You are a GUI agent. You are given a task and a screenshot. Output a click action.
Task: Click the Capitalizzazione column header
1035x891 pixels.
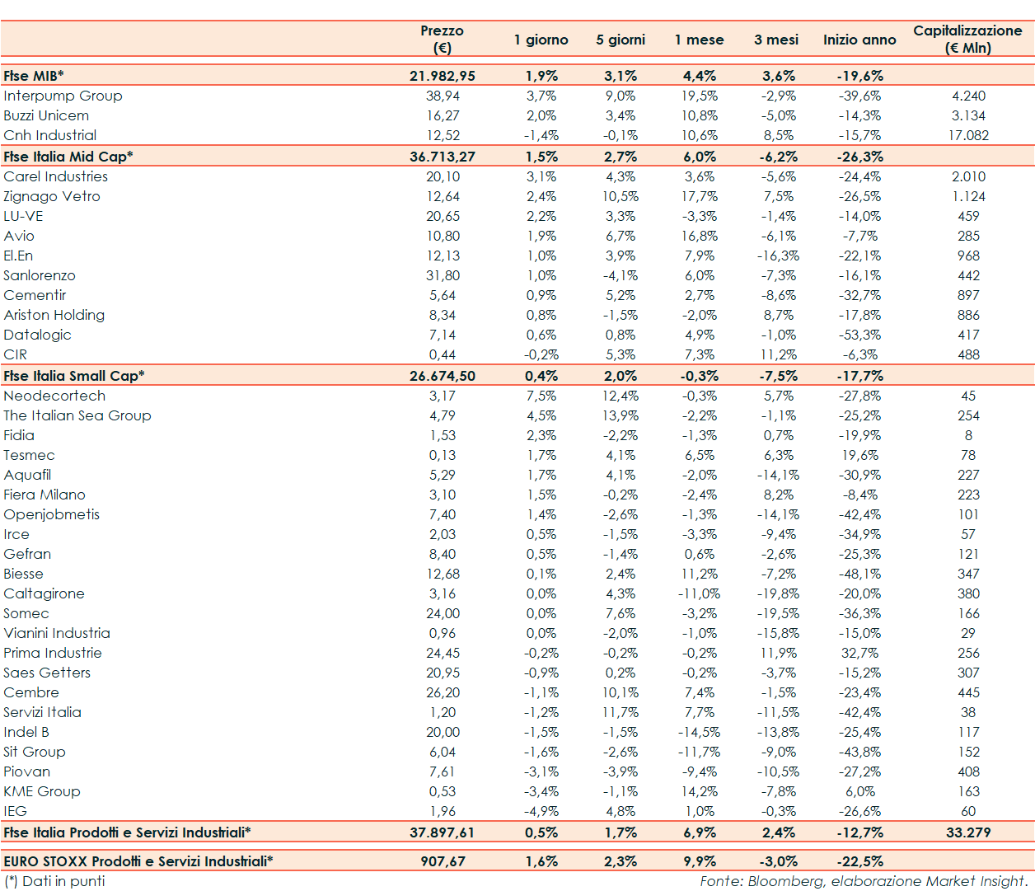[967, 39]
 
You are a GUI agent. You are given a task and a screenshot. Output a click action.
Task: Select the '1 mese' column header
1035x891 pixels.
[699, 40]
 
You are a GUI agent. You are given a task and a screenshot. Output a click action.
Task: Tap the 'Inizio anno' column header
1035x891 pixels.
[859, 40]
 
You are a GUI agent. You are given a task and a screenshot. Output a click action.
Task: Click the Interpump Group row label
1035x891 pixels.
[63, 96]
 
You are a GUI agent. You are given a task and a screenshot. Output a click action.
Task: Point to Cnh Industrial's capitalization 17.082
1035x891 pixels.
[968, 135]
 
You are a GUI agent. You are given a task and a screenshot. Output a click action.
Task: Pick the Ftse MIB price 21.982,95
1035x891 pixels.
[443, 76]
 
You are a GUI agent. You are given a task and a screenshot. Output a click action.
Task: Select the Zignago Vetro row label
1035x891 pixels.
[52, 196]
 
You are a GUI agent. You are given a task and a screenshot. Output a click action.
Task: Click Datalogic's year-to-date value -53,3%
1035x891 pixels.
[859, 335]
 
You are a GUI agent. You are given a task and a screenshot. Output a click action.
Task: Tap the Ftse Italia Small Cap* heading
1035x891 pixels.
[74, 376]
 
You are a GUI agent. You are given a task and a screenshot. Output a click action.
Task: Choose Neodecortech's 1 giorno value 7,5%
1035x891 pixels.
[541, 396]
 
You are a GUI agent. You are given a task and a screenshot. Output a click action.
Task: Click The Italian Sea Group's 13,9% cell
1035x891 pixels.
[621, 415]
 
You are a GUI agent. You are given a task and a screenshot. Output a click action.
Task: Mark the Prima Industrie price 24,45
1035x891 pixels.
[443, 653]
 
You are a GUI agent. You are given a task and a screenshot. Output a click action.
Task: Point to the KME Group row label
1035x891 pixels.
[42, 791]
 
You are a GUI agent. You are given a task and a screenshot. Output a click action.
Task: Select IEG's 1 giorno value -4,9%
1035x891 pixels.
[541, 811]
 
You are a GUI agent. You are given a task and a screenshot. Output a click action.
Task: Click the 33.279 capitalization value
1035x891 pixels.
[968, 832]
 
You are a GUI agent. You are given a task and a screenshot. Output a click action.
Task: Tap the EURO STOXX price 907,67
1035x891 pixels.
[443, 861]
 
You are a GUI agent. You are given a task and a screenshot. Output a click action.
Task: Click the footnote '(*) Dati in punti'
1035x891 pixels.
[54, 881]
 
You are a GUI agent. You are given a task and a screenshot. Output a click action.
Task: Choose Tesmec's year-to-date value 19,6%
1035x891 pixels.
[859, 455]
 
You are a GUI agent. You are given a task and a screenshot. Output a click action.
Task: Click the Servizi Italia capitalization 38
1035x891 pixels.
[968, 712]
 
